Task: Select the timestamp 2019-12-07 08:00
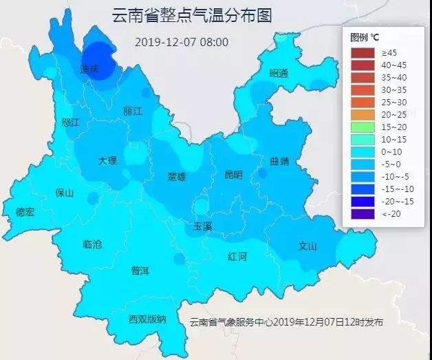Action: tap(182, 42)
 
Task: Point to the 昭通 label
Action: tap(279, 73)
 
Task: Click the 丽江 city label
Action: tap(133, 111)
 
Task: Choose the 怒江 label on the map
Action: tap(71, 122)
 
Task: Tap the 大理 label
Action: tap(107, 160)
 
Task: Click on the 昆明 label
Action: tap(233, 175)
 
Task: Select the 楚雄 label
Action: tap(177, 177)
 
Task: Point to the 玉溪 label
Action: tap(203, 225)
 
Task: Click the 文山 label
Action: tap(307, 246)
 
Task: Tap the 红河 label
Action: tap(237, 256)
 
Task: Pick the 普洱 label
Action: tap(140, 271)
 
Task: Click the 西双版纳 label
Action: tap(147, 319)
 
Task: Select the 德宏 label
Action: tap(25, 212)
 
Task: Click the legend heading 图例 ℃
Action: tap(365, 36)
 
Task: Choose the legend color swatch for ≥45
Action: tap(363, 52)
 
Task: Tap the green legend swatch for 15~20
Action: tap(363, 127)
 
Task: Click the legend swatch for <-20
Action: tap(363, 214)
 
